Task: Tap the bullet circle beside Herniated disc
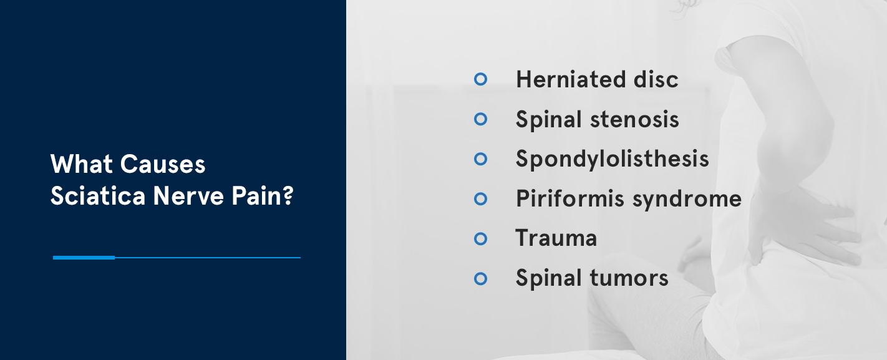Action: click(480, 79)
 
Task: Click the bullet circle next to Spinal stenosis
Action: click(480, 119)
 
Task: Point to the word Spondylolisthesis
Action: click(612, 159)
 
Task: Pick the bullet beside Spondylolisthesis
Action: click(480, 159)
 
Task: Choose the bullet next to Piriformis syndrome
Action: click(480, 199)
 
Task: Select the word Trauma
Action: click(556, 238)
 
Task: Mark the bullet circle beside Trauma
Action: click(480, 238)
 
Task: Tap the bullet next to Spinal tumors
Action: click(480, 278)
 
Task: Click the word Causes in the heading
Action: click(163, 165)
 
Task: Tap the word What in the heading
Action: click(82, 165)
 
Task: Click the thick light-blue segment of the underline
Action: click(84, 257)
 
